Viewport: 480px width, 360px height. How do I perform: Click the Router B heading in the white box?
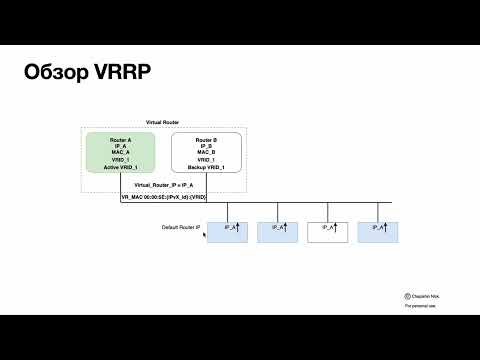tap(206, 139)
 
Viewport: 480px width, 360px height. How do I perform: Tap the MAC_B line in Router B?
tap(206, 153)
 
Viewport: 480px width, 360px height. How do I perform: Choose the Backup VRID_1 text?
tap(206, 167)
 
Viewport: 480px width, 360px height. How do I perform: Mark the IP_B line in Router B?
tap(206, 146)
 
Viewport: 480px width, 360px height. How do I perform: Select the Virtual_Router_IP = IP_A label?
tap(165, 187)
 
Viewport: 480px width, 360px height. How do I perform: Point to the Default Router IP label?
tap(181, 228)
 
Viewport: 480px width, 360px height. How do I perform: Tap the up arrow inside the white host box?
tap(335, 227)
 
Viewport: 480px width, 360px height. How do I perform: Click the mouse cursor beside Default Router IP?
tap(205, 234)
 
